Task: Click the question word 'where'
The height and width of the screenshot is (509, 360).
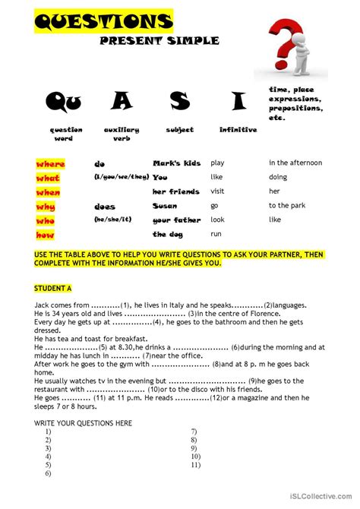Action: (50, 163)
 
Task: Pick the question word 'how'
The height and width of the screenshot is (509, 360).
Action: (46, 235)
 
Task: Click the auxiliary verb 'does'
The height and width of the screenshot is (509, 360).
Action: (105, 206)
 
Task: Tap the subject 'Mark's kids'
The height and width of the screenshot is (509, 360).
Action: (176, 163)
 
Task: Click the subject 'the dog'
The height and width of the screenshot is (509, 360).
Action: (168, 235)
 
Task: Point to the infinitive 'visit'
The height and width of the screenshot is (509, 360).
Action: (218, 191)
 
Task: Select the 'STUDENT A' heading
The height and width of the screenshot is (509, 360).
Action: (52, 289)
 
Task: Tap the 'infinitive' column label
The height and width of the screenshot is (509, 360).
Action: (238, 130)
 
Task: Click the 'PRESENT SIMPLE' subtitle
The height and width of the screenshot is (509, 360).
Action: (159, 40)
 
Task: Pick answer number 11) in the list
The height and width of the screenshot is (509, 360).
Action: (195, 465)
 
